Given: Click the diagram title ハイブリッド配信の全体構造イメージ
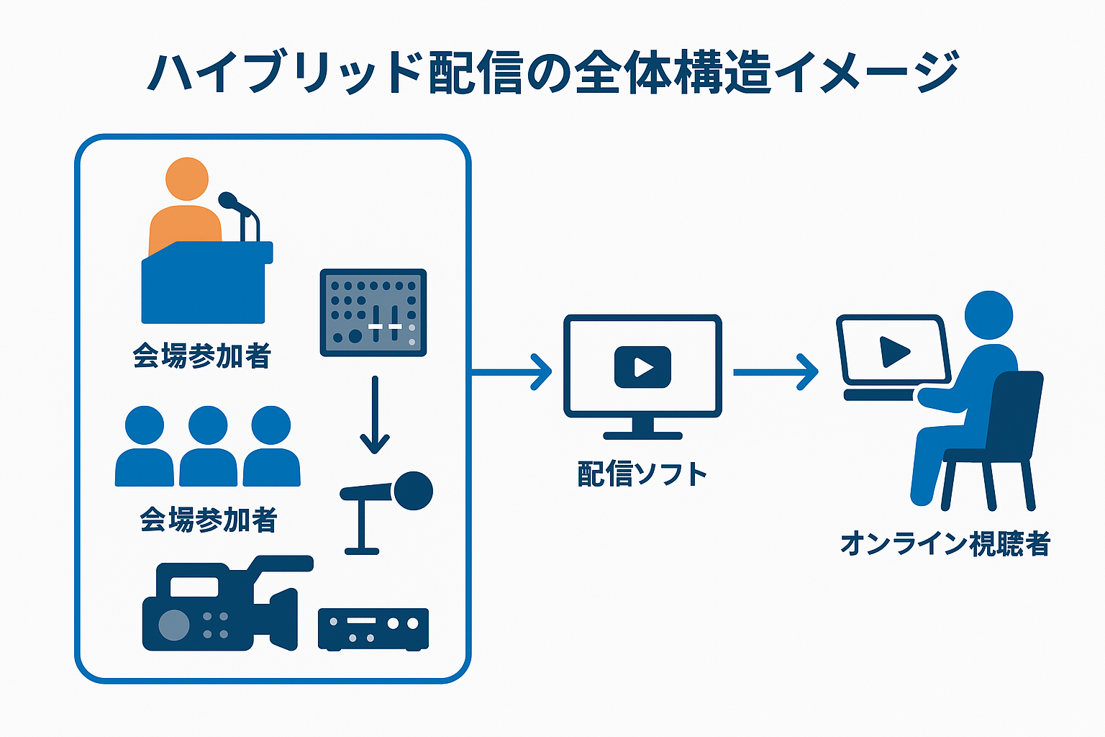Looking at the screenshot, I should [x=552, y=72].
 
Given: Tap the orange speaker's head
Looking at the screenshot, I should [x=187, y=179].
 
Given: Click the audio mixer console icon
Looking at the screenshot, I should [x=373, y=312].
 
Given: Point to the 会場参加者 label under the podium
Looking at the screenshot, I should [x=201, y=356].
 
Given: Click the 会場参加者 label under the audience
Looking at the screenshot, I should [x=209, y=519].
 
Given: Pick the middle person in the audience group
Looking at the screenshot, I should [x=208, y=446].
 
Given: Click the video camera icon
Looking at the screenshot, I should [x=223, y=605].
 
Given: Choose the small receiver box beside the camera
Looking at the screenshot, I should [x=373, y=628].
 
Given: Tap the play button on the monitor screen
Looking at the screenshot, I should [x=642, y=367].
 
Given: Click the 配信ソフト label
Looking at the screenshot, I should [x=642, y=475].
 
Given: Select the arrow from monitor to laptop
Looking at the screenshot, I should [x=776, y=372].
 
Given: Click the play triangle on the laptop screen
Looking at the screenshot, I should [x=894, y=351].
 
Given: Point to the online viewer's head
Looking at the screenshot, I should [x=988, y=315].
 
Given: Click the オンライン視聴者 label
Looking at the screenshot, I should [x=945, y=543].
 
